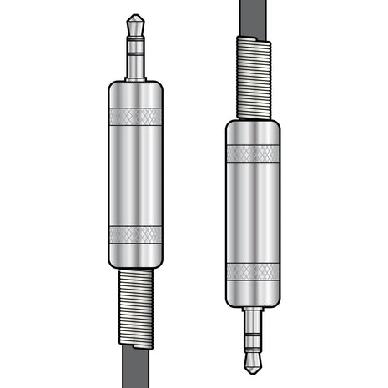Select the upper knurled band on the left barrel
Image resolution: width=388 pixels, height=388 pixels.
(135, 116)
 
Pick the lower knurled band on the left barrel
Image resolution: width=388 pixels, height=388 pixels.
(135, 234)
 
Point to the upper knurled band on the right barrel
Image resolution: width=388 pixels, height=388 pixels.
(253, 154)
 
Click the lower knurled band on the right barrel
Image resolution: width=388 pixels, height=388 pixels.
(253, 271)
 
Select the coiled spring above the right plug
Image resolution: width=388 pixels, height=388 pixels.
(253, 79)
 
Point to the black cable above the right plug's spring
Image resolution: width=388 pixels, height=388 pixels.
(253, 17)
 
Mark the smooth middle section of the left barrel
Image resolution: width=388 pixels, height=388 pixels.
(135, 175)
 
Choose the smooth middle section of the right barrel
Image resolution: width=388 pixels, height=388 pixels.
(253, 213)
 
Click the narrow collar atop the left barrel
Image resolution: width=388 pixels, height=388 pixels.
(135, 81)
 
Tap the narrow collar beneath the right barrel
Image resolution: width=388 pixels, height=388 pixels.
(253, 307)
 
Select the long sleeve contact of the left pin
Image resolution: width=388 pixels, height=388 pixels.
(135, 64)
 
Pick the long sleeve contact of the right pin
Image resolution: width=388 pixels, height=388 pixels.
(253, 323)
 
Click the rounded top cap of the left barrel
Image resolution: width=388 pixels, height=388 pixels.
(135, 93)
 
